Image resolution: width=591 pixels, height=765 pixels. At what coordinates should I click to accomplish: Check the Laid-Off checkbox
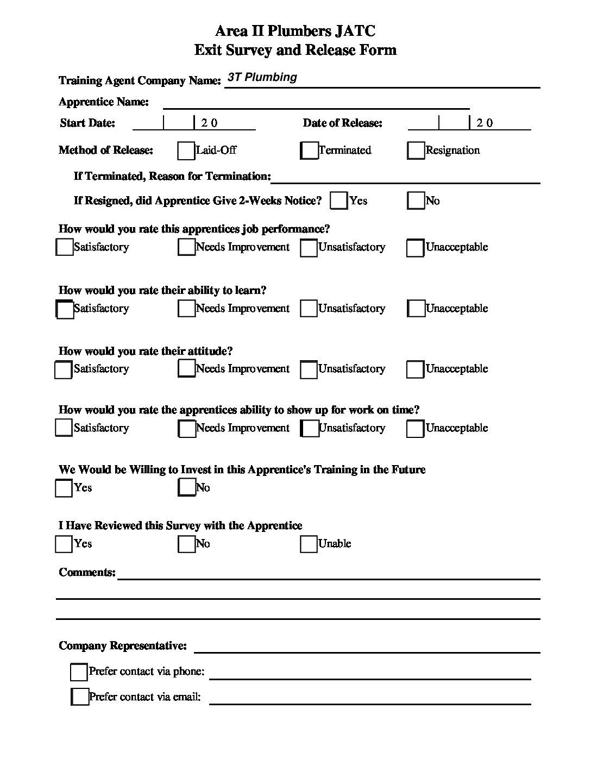pos(186,151)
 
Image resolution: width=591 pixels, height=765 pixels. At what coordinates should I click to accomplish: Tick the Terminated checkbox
pos(309,151)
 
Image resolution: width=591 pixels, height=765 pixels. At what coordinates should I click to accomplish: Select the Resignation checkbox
pos(416,151)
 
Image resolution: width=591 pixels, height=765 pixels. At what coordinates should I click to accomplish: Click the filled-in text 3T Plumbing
pos(262,77)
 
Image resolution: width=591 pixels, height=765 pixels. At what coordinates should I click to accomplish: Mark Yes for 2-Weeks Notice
pos(338,200)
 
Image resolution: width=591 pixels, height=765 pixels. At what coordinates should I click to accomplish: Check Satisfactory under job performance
pos(64,247)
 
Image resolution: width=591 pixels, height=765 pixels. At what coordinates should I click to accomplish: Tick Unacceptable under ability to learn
pos(416,309)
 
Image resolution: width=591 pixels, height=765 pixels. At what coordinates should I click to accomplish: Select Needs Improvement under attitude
pos(186,368)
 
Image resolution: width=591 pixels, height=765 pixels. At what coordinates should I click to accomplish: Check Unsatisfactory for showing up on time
pos(309,428)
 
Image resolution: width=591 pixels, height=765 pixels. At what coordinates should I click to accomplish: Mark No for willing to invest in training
pos(186,487)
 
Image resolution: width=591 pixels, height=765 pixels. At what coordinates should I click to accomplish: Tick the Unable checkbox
pos(309,544)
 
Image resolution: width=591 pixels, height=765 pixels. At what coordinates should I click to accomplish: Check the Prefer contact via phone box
pos(79,672)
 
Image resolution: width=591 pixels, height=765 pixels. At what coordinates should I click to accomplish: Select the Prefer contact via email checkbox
pos(80,697)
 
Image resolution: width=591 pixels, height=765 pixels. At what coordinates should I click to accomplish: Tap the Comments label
pos(87,572)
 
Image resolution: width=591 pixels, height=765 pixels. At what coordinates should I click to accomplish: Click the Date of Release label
pos(342,123)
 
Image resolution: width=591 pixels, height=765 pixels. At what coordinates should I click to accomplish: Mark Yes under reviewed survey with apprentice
pos(64,544)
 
